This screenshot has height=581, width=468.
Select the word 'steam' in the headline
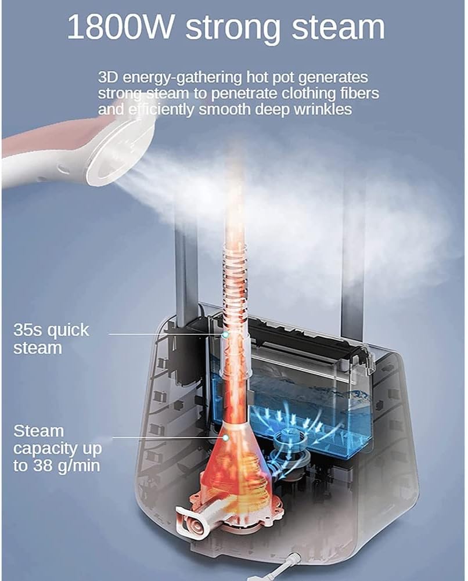(x=338, y=27)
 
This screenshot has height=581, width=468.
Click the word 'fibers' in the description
(x=360, y=93)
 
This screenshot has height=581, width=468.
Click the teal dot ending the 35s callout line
(x=225, y=334)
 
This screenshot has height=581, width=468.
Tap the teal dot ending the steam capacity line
(x=225, y=438)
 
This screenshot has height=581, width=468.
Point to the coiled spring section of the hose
(x=235, y=282)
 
